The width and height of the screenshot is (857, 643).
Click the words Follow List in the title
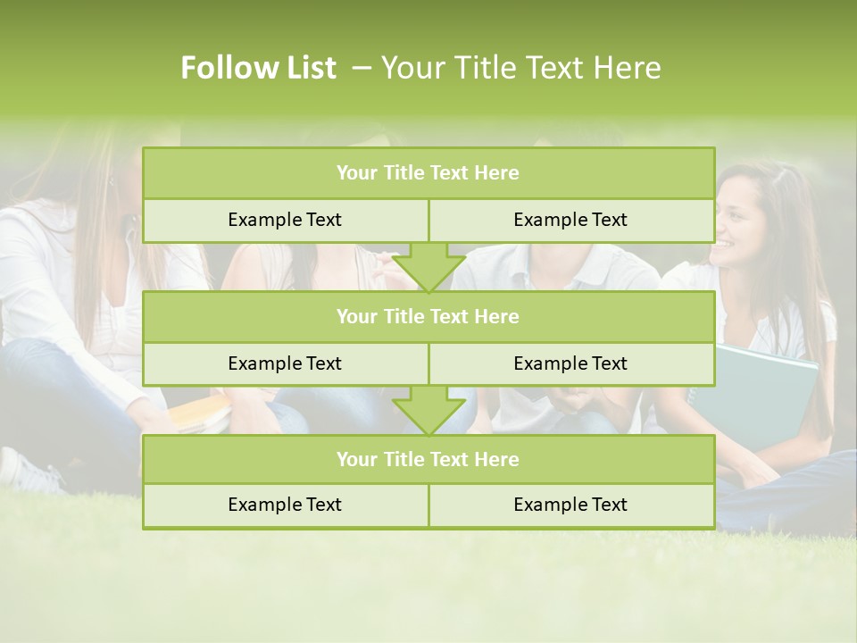[259, 68]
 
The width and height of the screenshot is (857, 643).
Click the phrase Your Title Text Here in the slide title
[520, 68]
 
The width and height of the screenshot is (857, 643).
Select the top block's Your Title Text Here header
[428, 173]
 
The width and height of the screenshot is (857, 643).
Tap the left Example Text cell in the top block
[285, 220]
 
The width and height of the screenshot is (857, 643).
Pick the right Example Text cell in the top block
[570, 220]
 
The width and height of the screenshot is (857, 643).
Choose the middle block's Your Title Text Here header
[428, 316]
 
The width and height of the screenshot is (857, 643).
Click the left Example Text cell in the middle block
[285, 363]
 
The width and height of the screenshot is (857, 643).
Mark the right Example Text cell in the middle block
[570, 363]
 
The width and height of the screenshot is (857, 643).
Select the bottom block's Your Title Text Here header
[428, 459]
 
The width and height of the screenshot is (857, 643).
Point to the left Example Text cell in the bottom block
[285, 505]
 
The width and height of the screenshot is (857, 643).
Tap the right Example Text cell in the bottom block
[570, 505]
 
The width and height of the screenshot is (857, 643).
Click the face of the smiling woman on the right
[742, 223]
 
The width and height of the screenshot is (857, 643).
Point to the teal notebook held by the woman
[768, 393]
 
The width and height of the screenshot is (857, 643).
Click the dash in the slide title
[362, 68]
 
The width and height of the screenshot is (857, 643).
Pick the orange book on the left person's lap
[201, 413]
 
